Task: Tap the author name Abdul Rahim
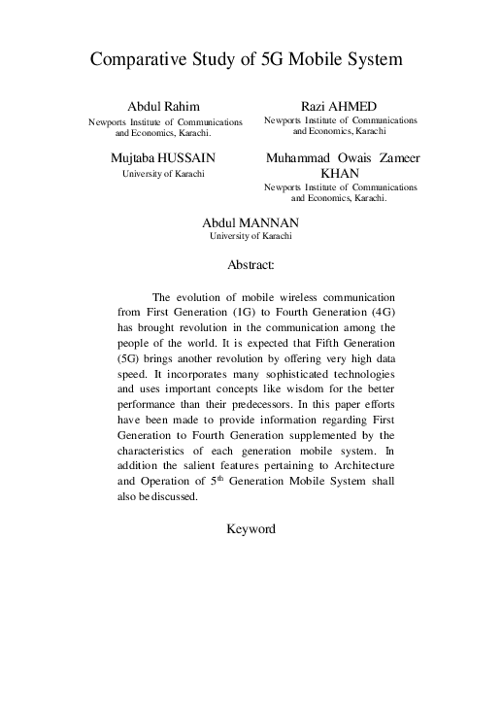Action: pyautogui.click(x=164, y=105)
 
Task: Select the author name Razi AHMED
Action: pyautogui.click(x=340, y=105)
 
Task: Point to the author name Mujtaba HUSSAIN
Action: pyautogui.click(x=163, y=157)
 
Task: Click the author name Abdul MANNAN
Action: pyautogui.click(x=250, y=221)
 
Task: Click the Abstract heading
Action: pyautogui.click(x=250, y=263)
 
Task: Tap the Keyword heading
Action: pyautogui.click(x=250, y=529)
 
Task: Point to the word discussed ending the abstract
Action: pyautogui.click(x=175, y=496)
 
